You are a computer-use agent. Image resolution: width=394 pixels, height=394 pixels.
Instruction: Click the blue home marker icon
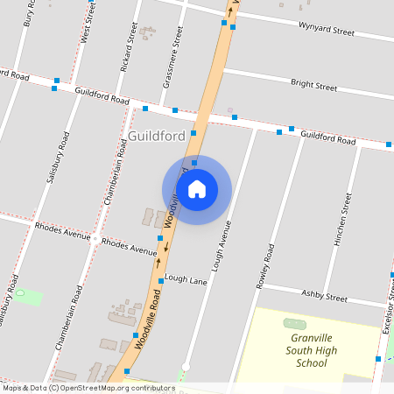click(197, 189)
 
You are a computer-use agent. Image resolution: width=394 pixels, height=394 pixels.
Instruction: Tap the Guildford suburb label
click(156, 137)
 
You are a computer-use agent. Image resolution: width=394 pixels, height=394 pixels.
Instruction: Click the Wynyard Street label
click(326, 31)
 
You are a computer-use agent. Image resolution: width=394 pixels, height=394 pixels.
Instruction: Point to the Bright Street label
click(313, 86)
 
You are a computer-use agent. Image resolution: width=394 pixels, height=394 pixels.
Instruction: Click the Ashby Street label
click(325, 294)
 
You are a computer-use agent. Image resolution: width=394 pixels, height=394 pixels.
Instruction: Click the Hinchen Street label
click(342, 220)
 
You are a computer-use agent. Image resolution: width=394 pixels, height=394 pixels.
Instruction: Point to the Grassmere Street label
click(172, 58)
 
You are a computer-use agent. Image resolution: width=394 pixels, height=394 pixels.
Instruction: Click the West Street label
click(88, 21)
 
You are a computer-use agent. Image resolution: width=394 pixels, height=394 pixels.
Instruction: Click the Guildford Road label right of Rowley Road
click(327, 138)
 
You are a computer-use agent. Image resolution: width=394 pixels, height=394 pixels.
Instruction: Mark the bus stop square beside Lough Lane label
click(161, 281)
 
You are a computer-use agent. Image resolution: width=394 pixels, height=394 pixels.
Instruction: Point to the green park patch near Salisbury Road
click(28, 296)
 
